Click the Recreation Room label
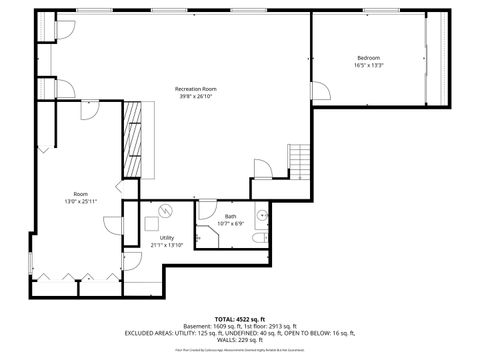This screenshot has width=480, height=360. pos(196,89)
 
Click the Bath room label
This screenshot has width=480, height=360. pos(230,217)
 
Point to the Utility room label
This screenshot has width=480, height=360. pos(167,237)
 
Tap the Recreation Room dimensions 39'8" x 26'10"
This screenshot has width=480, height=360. pos(196,97)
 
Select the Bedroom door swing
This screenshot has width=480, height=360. pos(321,92)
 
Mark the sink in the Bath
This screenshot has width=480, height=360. pos(264,213)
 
